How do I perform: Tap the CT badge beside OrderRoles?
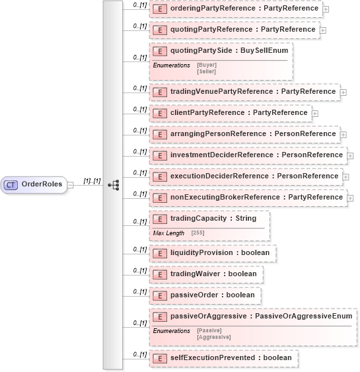click(11, 184)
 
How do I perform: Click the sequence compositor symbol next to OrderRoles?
click(113, 185)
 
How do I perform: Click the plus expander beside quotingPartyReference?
click(323, 30)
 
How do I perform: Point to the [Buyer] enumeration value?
click(207, 65)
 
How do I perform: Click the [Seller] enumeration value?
click(207, 71)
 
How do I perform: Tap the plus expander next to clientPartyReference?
click(315, 114)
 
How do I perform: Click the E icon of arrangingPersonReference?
click(159, 134)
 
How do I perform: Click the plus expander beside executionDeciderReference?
click(346, 177)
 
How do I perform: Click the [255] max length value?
click(198, 233)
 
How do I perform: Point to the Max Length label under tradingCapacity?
click(168, 233)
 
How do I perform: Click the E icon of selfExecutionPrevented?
click(159, 358)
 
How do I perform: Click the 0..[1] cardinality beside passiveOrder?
click(139, 291)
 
